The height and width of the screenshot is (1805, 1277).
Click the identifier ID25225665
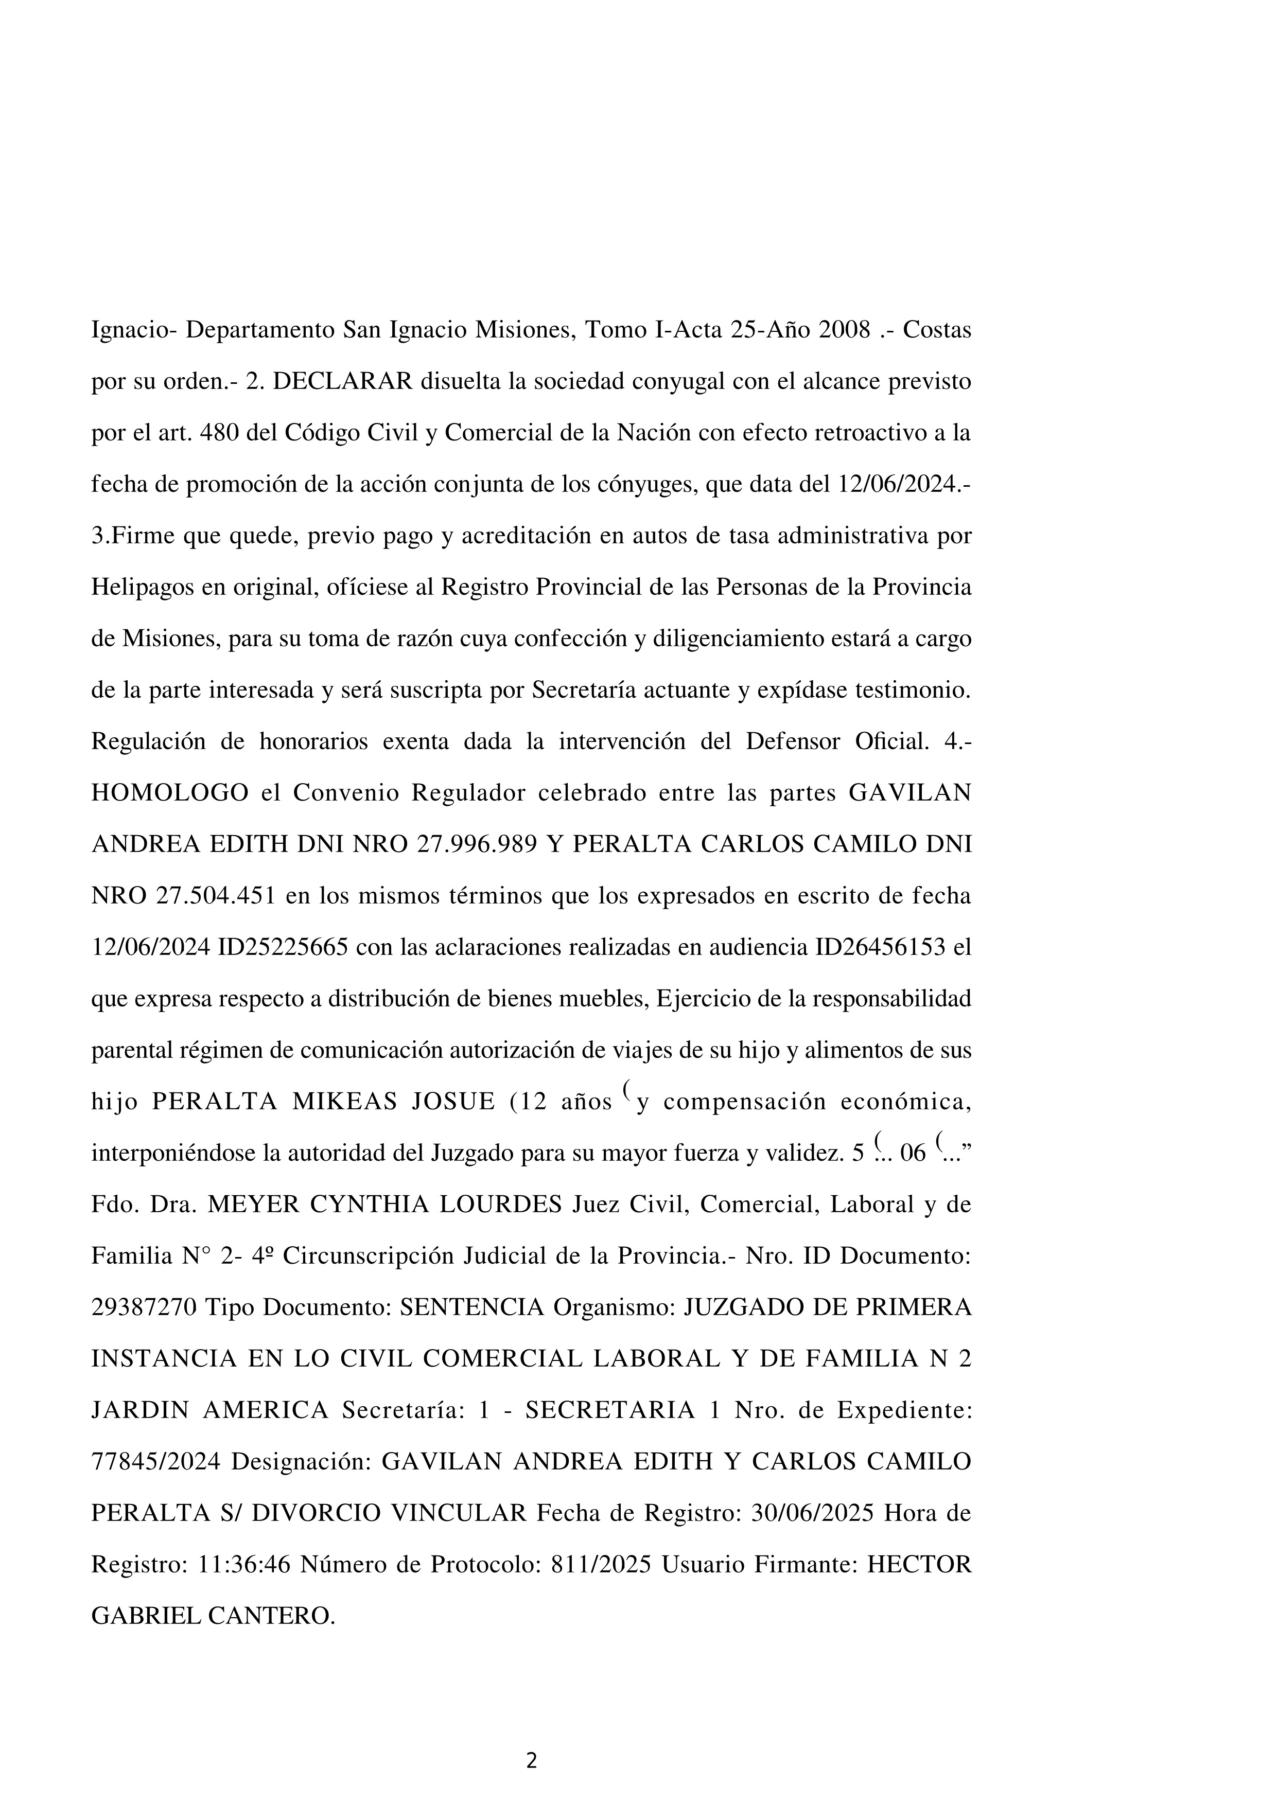point(283,947)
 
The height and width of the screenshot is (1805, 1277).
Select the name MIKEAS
point(345,1102)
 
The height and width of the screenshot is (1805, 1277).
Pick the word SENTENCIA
point(472,1308)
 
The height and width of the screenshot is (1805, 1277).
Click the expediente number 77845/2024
point(155,1463)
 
